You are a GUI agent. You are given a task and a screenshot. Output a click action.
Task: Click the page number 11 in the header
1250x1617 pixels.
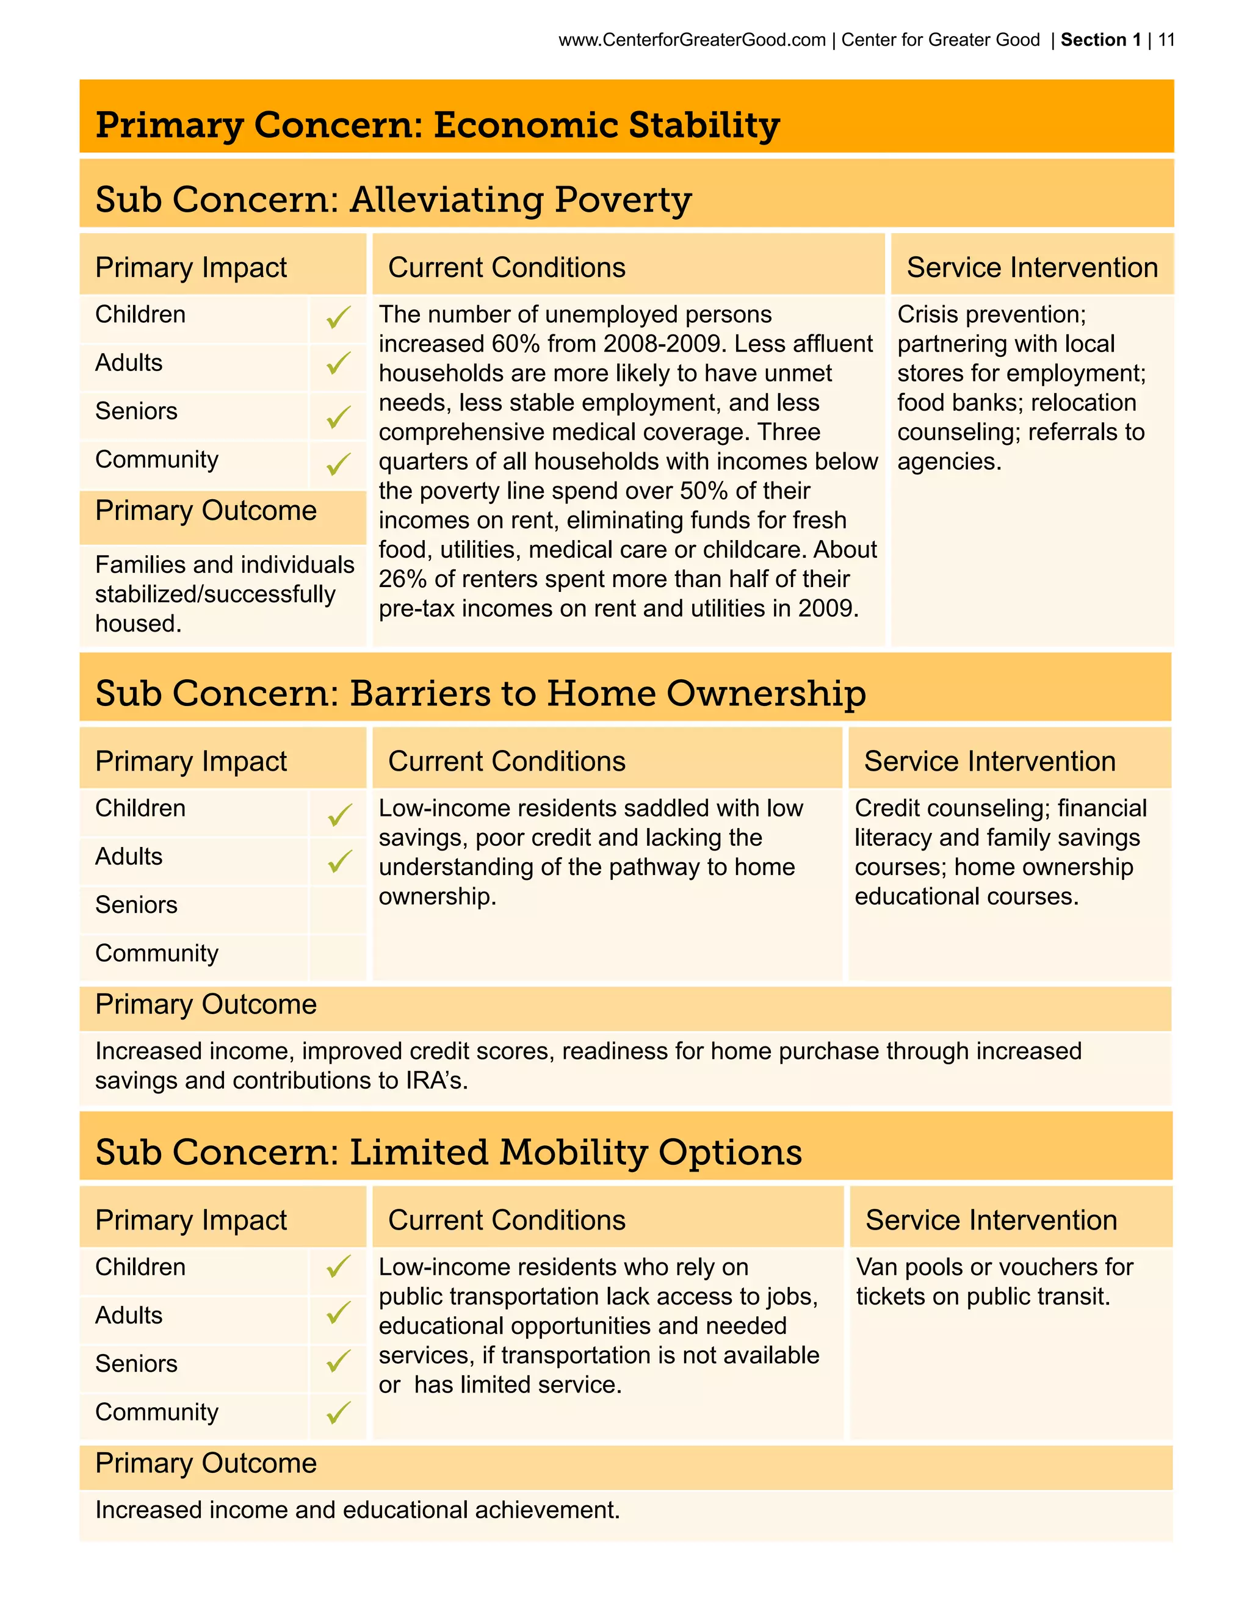pyautogui.click(x=1166, y=40)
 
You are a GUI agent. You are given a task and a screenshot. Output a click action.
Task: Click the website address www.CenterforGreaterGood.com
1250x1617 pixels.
pyautogui.click(x=692, y=40)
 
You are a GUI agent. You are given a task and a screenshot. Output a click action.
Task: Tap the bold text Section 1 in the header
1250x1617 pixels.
pyautogui.click(x=1100, y=40)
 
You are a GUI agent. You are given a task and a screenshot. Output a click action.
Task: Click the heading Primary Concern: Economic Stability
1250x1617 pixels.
pyautogui.click(x=437, y=124)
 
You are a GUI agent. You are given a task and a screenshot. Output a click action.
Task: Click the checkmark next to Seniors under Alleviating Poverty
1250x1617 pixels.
pyautogui.click(x=338, y=417)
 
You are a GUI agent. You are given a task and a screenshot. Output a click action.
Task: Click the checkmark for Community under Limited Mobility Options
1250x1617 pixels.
pyautogui.click(x=338, y=1413)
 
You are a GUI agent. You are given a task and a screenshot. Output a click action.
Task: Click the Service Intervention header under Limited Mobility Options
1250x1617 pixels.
pyautogui.click(x=991, y=1220)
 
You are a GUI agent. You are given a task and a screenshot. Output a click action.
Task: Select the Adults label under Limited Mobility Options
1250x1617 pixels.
pyautogui.click(x=129, y=1316)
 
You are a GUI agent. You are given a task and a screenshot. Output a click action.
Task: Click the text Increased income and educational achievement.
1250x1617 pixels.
pyautogui.click(x=357, y=1510)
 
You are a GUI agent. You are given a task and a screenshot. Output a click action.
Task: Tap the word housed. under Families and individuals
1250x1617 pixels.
pyautogui.click(x=138, y=624)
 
